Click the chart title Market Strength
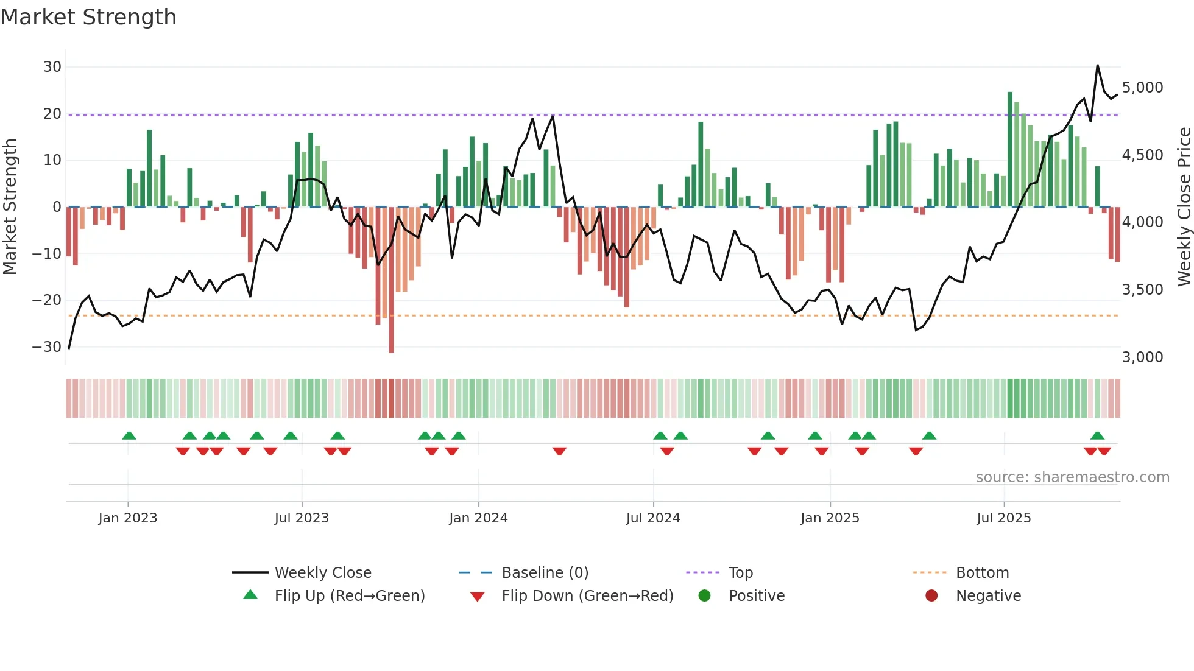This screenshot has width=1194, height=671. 88,17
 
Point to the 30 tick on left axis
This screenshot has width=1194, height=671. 52,67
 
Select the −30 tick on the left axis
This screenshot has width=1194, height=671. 47,347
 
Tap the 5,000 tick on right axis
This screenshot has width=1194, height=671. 1142,88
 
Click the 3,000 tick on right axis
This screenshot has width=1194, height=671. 1142,357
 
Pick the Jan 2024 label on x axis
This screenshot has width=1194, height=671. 478,518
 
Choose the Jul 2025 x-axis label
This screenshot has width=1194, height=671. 1003,518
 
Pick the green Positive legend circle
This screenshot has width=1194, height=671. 705,596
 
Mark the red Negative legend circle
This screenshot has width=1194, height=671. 931,596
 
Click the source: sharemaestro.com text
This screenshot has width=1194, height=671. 1072,477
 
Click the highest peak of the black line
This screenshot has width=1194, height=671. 1098,65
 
